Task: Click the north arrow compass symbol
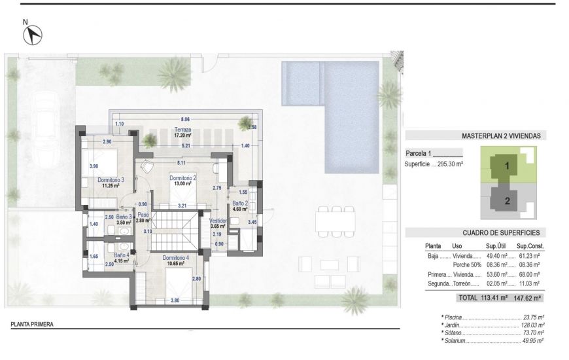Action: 32,35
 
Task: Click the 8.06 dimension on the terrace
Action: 185,120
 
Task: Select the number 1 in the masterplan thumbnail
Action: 506,166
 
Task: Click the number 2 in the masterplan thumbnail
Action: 506,201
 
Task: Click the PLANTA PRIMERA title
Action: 32,324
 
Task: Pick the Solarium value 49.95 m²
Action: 532,340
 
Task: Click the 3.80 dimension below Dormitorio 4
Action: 175,300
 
